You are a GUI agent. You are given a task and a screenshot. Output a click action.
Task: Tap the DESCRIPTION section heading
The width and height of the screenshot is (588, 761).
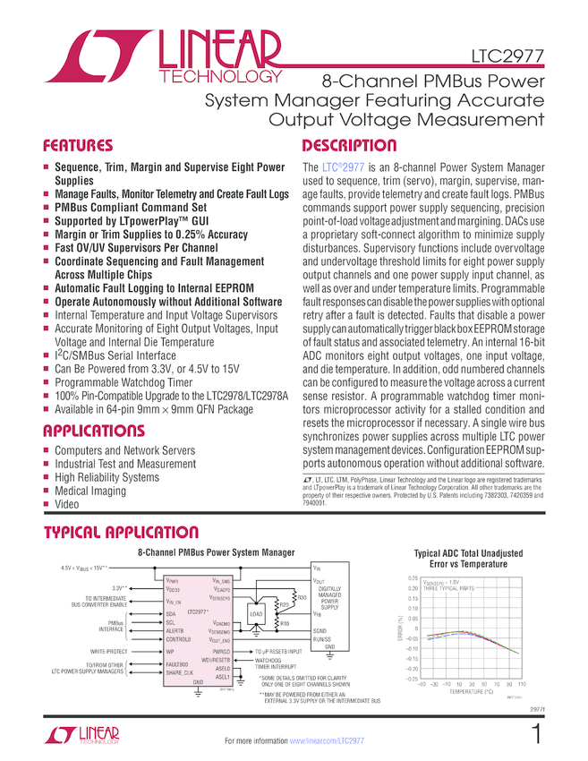(x=349, y=145)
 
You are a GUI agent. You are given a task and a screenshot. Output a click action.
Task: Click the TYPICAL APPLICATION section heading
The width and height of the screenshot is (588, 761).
(x=122, y=534)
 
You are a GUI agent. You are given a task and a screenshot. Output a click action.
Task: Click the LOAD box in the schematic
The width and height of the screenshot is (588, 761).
(x=255, y=614)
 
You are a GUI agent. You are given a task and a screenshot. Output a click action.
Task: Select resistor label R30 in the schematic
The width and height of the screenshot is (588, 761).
(x=302, y=596)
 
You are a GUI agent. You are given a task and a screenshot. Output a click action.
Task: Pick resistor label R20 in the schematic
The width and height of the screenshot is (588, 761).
(x=284, y=605)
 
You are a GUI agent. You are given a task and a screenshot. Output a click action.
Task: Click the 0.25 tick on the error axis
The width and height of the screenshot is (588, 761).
(x=413, y=578)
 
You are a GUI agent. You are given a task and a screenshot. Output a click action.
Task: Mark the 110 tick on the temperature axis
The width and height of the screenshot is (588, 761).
(x=521, y=684)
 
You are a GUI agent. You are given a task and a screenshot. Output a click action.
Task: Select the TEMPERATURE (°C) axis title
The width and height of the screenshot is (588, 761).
(x=476, y=691)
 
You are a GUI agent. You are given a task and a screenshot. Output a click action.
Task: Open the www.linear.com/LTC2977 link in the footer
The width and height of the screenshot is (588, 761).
(x=328, y=741)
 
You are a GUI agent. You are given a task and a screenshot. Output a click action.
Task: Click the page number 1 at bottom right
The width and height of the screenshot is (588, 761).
(x=535, y=735)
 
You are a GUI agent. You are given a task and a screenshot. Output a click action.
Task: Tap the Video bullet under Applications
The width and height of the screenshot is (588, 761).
(x=67, y=504)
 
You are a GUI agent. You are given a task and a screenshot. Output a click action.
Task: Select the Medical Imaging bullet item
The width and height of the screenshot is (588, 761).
(x=89, y=491)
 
